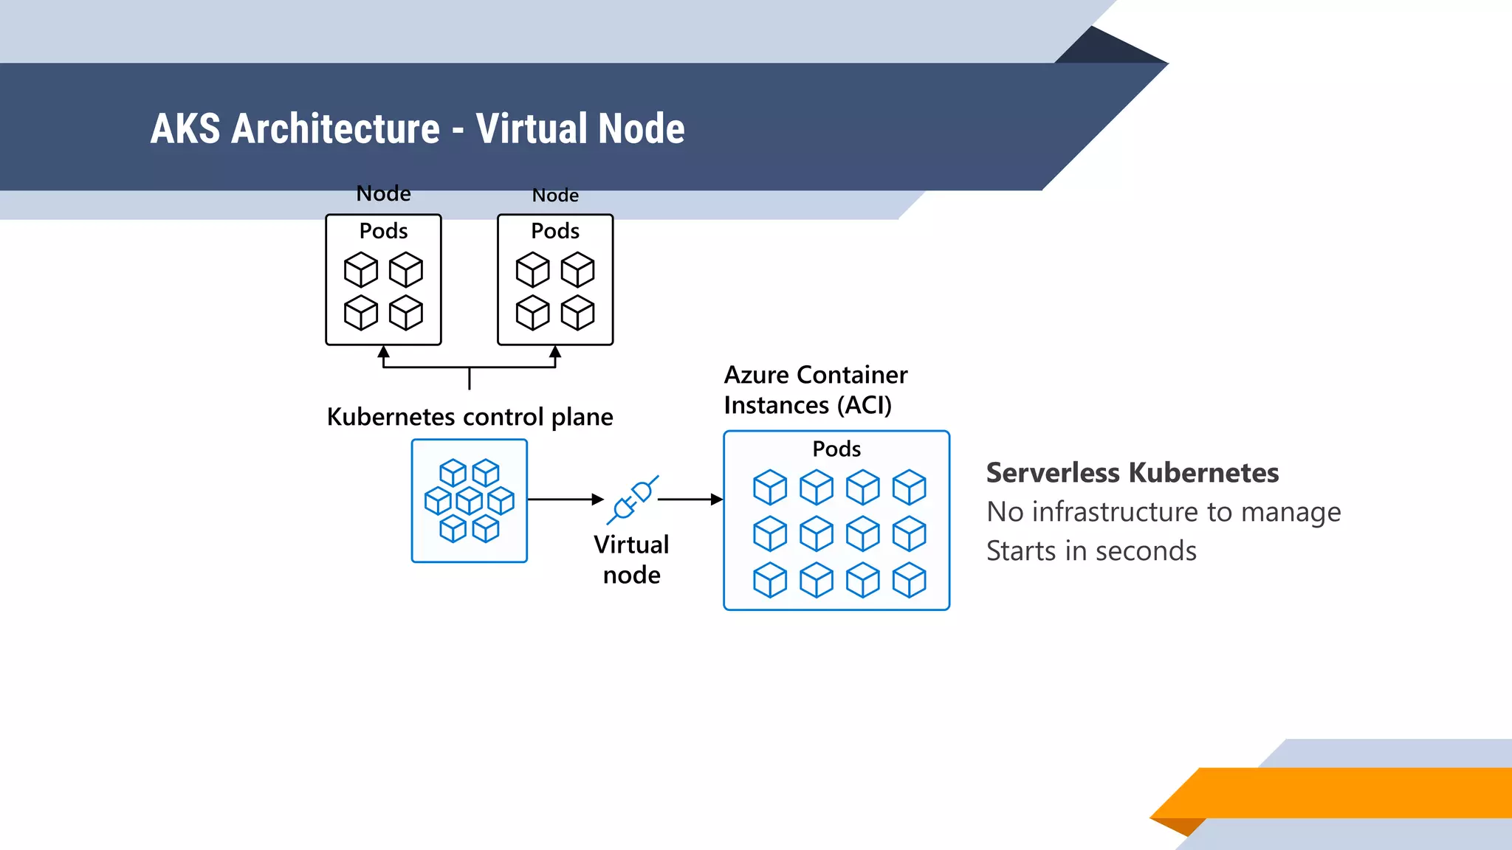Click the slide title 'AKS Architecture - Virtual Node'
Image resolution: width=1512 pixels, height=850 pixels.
pyautogui.click(x=417, y=128)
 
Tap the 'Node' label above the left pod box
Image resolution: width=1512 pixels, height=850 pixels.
pyautogui.click(x=383, y=193)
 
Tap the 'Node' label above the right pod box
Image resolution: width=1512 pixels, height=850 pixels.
pyautogui.click(x=555, y=196)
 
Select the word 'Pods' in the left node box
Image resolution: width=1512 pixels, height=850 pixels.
pyautogui.click(x=383, y=231)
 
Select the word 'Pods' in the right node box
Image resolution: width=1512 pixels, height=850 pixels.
pyautogui.click(x=555, y=231)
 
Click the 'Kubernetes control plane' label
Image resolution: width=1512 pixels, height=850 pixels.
pyautogui.click(x=470, y=417)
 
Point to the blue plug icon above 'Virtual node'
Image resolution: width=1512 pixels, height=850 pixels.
pyautogui.click(x=633, y=500)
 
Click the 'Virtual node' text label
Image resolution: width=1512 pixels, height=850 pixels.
pyautogui.click(x=631, y=559)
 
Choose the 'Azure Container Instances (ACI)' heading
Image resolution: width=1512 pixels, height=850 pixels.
pyautogui.click(x=815, y=390)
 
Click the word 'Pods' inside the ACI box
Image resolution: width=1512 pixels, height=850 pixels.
pyautogui.click(x=836, y=449)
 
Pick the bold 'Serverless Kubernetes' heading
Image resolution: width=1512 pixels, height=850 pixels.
pyautogui.click(x=1133, y=473)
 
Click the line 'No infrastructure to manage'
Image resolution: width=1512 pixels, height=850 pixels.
pyautogui.click(x=1164, y=512)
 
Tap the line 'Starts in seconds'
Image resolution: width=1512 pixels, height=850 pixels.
pyautogui.click(x=1091, y=551)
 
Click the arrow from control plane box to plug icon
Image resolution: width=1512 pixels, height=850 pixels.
pyautogui.click(x=566, y=500)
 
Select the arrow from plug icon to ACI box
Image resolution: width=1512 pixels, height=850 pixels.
pyautogui.click(x=690, y=500)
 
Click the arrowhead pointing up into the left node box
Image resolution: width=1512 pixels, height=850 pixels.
pyautogui.click(x=384, y=352)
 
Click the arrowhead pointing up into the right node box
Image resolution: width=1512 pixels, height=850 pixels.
pyautogui.click(x=555, y=352)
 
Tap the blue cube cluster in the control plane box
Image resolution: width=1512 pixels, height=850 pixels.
pyautogui.click(x=470, y=501)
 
